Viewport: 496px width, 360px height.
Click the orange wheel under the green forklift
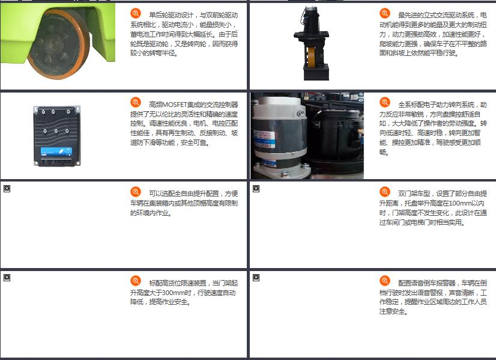[x=58, y=44]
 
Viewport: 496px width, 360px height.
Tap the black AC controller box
[x=57, y=136]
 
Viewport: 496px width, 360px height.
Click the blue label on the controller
[x=56, y=152]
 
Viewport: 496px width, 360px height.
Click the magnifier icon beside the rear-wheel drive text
[x=136, y=13]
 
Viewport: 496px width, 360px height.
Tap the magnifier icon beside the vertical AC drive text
[x=385, y=13]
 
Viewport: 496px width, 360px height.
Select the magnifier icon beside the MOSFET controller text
[x=136, y=102]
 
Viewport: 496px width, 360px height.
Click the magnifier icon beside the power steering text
[x=385, y=102]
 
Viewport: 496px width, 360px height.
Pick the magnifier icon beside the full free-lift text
[x=136, y=192]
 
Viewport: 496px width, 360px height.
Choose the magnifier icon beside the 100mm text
[x=385, y=192]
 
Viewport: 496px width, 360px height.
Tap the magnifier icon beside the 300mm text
[x=136, y=281]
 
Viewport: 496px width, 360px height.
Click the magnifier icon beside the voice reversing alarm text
[x=385, y=281]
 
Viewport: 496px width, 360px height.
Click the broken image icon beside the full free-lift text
[x=7, y=189]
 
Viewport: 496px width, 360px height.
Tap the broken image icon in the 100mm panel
[x=256, y=189]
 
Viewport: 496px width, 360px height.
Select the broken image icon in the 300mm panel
[x=7, y=278]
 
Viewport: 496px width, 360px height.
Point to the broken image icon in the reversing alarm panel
[x=256, y=278]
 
